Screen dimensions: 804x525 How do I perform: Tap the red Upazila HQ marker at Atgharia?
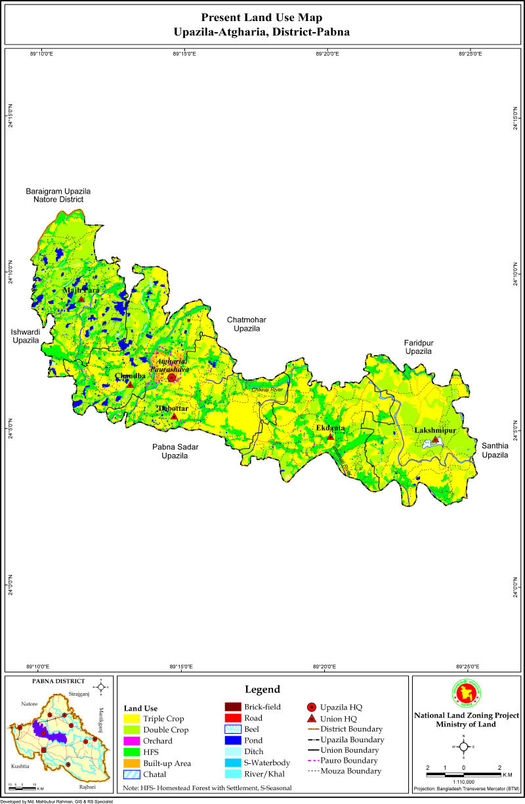coord(172,378)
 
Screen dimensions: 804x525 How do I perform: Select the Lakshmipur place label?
coord(434,431)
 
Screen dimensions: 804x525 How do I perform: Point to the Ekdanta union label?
coord(330,428)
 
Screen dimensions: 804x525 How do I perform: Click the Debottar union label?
coord(173,408)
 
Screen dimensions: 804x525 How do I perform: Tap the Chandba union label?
coord(130,376)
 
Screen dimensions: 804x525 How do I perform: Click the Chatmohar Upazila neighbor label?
coord(246,324)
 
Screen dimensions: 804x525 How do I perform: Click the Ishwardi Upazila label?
coord(26,337)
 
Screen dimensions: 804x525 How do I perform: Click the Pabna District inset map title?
coord(58,681)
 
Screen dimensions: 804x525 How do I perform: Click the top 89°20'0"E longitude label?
coord(327,54)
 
